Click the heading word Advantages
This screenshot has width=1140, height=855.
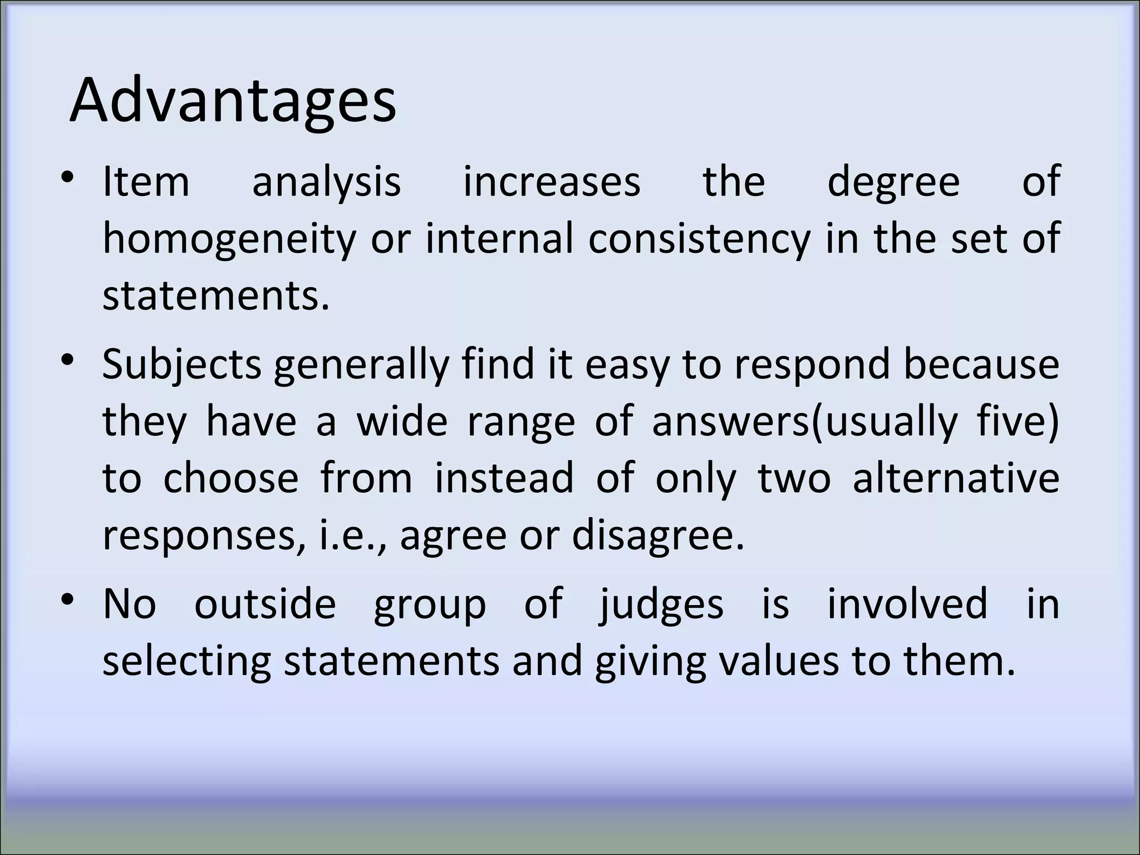233,101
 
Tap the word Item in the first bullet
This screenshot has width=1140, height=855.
146,182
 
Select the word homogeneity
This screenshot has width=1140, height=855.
229,239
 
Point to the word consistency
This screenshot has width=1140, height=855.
699,239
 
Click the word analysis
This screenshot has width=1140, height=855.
326,182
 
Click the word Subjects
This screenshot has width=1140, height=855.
181,365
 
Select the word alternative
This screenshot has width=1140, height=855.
956,478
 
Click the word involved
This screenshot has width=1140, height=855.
907,603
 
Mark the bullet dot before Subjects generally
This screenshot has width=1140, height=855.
68,361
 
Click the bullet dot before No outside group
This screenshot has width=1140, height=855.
68,600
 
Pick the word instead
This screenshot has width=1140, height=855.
504,478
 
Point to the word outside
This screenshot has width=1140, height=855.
265,603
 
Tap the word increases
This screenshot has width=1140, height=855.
552,182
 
